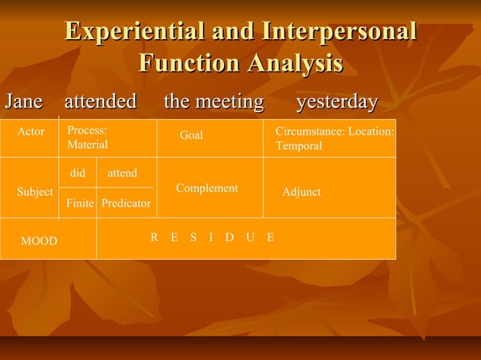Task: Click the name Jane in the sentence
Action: [x=23, y=101]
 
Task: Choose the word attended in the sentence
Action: [x=100, y=101]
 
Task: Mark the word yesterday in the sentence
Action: [x=336, y=101]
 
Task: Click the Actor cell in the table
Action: [x=31, y=132]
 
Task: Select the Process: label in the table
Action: [x=87, y=130]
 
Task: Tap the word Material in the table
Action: [x=87, y=145]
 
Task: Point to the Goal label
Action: [x=191, y=136]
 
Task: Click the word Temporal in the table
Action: [x=299, y=145]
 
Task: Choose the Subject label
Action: [x=35, y=192]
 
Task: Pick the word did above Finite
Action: [x=77, y=173]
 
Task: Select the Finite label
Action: [x=80, y=203]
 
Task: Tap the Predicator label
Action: [x=126, y=203]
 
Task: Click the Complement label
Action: [x=207, y=188]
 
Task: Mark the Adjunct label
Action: [x=301, y=192]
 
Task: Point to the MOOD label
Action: [x=38, y=241]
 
